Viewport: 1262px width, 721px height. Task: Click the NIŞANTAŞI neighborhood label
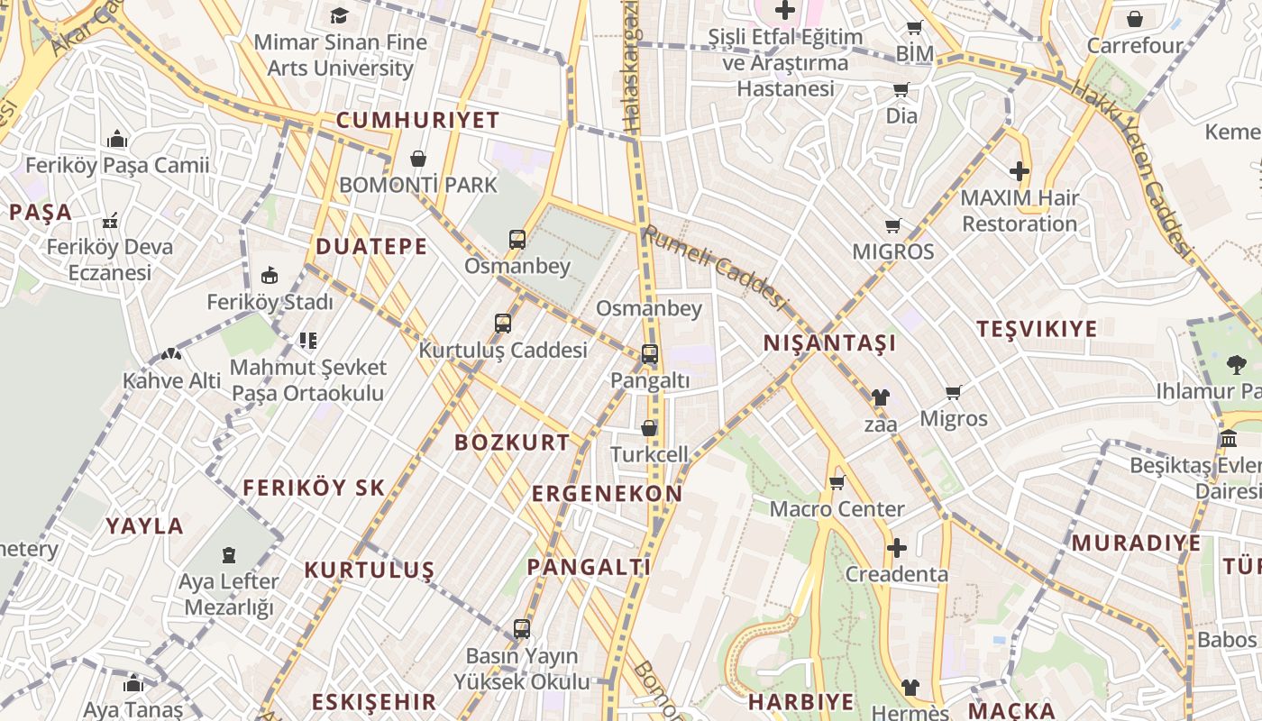829,343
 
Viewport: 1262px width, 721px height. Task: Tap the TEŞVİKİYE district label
1037,329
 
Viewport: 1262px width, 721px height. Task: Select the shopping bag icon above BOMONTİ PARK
418,160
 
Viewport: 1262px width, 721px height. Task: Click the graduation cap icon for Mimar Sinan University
339,15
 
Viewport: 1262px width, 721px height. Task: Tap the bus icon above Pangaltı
650,354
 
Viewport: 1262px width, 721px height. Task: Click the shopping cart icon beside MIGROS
893,225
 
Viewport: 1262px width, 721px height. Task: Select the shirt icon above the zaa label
880,397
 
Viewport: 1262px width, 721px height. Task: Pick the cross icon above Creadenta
896,548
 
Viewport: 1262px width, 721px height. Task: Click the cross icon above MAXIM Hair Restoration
1020,171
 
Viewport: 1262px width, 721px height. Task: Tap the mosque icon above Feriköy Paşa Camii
117,139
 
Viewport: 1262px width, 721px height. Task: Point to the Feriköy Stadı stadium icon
270,276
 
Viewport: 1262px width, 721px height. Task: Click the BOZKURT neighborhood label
512,443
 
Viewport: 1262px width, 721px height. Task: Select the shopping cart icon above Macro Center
837,482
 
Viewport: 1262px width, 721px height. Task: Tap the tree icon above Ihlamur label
1236,365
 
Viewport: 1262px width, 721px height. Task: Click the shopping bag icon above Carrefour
1135,19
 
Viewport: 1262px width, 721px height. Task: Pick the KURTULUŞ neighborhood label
370,570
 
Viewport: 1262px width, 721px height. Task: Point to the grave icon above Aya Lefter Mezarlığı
229,554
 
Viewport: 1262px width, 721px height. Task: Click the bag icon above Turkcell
649,428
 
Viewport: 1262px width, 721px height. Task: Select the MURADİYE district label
1136,543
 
